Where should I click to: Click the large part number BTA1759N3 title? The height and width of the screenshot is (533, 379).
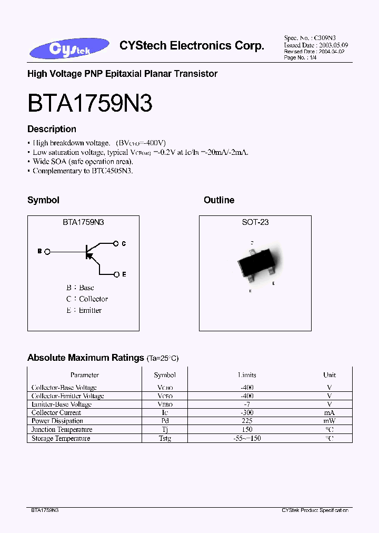click(x=90, y=104)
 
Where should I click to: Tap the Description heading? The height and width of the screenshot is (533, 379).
click(x=52, y=129)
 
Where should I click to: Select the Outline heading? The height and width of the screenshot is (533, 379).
click(x=219, y=200)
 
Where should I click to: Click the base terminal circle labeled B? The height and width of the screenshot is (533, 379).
click(x=48, y=252)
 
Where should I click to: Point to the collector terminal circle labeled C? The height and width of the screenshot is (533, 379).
click(x=116, y=243)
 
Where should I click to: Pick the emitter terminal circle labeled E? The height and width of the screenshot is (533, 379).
click(x=116, y=274)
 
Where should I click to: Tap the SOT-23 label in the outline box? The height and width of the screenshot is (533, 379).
click(x=255, y=222)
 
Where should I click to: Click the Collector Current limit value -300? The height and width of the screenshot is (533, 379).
click(x=246, y=413)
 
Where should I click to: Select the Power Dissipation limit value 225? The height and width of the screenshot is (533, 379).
click(x=247, y=421)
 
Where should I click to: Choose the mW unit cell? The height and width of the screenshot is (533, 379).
click(x=330, y=421)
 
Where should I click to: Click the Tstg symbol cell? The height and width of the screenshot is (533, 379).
click(x=165, y=438)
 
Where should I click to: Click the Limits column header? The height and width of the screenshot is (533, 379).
click(x=247, y=375)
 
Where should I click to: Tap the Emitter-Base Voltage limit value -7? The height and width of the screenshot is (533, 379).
click(x=246, y=404)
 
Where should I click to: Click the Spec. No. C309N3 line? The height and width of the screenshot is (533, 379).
click(x=310, y=38)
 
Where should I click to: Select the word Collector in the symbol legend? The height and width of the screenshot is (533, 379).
click(x=94, y=299)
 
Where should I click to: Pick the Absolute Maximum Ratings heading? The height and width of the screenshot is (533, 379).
click(x=85, y=358)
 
